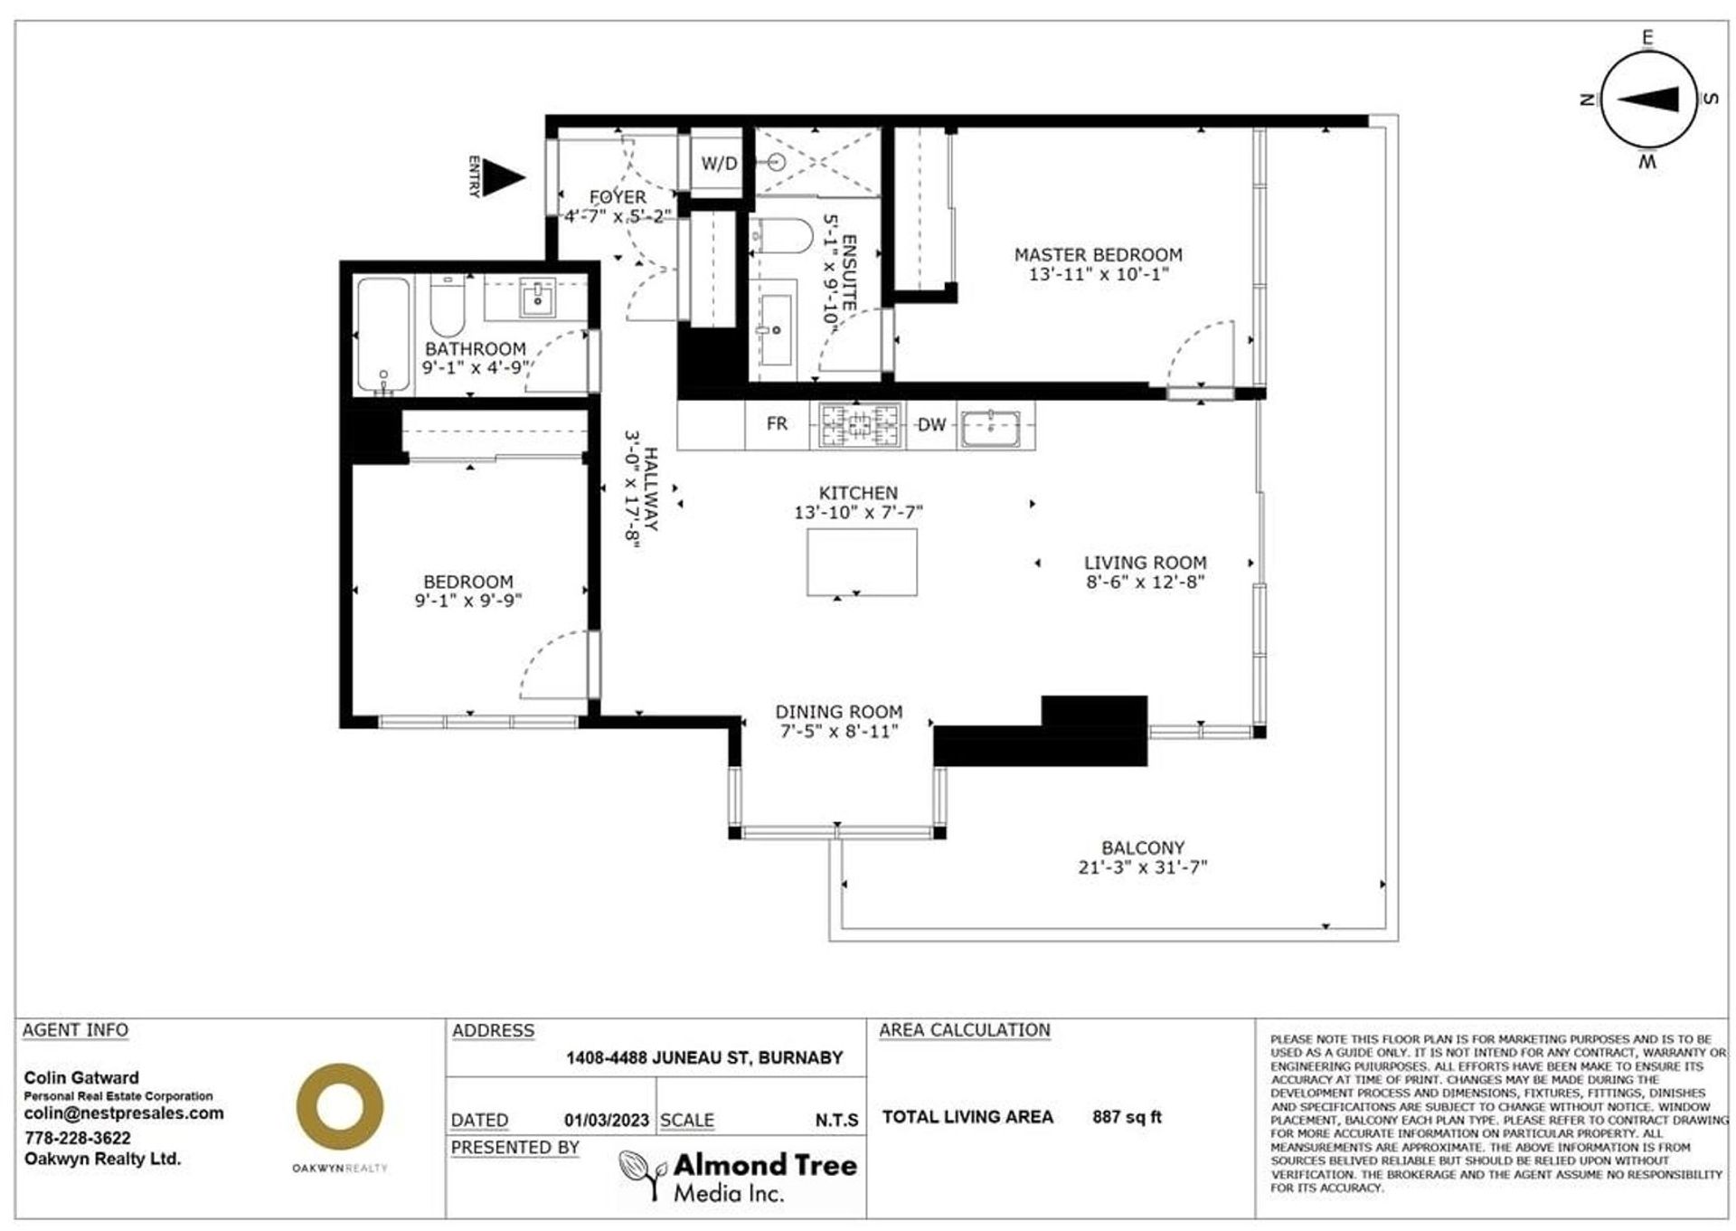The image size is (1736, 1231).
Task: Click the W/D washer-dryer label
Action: pyautogui.click(x=720, y=164)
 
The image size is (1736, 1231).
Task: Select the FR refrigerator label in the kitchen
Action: pyautogui.click(x=777, y=423)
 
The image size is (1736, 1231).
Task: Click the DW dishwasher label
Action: pyautogui.click(x=931, y=424)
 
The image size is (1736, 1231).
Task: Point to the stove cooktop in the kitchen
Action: pyautogui.click(x=861, y=425)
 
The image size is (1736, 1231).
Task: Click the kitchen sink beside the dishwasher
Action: pyautogui.click(x=991, y=427)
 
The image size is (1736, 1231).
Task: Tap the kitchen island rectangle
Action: pyautogui.click(x=862, y=562)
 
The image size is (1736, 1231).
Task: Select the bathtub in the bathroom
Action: pyautogui.click(x=383, y=336)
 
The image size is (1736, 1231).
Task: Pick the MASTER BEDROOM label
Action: pyautogui.click(x=1099, y=255)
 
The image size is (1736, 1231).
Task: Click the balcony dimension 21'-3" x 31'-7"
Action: pyautogui.click(x=1143, y=867)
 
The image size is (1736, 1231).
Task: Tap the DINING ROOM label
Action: pyautogui.click(x=839, y=712)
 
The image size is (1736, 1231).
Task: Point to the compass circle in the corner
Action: pyautogui.click(x=1647, y=100)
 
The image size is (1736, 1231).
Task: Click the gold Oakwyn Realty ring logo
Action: pyautogui.click(x=340, y=1108)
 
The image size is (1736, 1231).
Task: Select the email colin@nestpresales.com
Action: pyautogui.click(x=124, y=1113)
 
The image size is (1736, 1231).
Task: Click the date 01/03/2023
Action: pyautogui.click(x=607, y=1121)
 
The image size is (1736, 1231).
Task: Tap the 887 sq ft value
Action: pyautogui.click(x=1127, y=1117)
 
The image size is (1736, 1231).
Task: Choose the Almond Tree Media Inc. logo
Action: pyautogui.click(x=738, y=1177)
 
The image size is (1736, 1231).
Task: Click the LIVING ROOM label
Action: pyautogui.click(x=1146, y=563)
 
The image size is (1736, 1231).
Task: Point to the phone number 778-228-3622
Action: pyautogui.click(x=78, y=1138)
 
